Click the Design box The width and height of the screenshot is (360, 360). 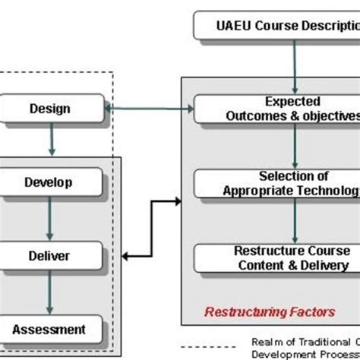tap(52, 109)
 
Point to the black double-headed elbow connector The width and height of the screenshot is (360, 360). tap(152, 228)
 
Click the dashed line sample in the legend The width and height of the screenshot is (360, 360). tap(229, 340)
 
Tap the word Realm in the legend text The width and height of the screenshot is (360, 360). tap(267, 340)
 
